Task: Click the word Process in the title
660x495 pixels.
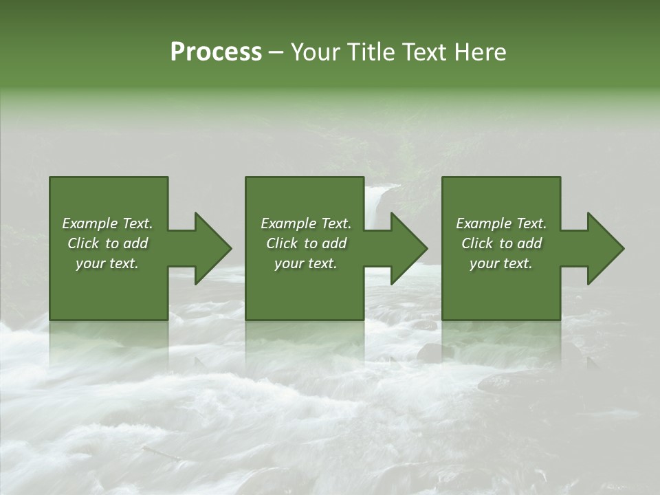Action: point(216,52)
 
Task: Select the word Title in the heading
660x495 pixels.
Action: point(370,52)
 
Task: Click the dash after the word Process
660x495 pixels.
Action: point(276,54)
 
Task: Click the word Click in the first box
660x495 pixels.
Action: point(84,243)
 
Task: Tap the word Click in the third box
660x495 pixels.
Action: point(478,243)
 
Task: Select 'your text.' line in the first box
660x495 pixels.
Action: point(107,263)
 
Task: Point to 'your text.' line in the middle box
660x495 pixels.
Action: point(305,263)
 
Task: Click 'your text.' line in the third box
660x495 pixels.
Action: point(501,263)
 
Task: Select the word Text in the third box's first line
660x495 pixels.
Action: point(531,223)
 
